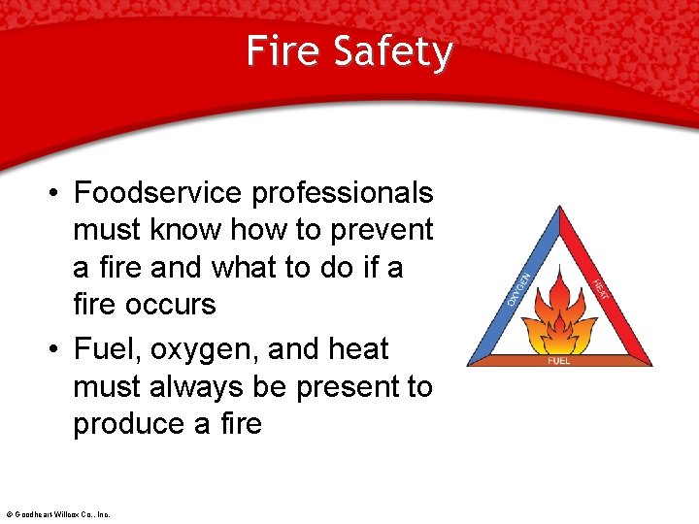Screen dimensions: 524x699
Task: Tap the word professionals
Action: click(342, 193)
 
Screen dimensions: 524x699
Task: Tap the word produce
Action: click(132, 425)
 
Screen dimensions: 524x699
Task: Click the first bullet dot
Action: click(55, 194)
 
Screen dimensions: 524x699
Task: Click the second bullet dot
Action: click(55, 350)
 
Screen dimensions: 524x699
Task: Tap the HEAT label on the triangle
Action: click(601, 289)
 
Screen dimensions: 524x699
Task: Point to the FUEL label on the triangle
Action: click(559, 360)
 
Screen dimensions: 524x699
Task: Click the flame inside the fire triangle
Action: click(559, 316)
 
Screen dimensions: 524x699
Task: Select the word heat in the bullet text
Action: click(357, 349)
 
